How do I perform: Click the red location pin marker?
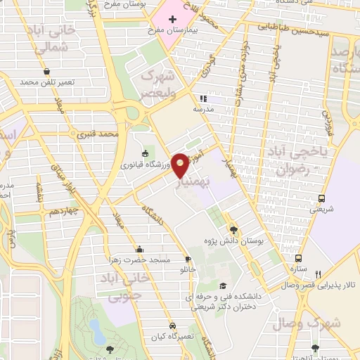click(x=181, y=165)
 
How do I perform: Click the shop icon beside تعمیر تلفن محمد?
click(x=46, y=72)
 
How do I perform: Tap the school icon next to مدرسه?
click(x=204, y=98)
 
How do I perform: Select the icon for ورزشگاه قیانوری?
click(x=146, y=153)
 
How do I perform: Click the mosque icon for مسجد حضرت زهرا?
click(x=139, y=248)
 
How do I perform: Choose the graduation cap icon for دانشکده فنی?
click(x=223, y=285)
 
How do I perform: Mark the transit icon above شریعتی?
click(x=321, y=198)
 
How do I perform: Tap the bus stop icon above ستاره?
click(x=299, y=258)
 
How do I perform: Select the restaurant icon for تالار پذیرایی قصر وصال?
click(x=318, y=274)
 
